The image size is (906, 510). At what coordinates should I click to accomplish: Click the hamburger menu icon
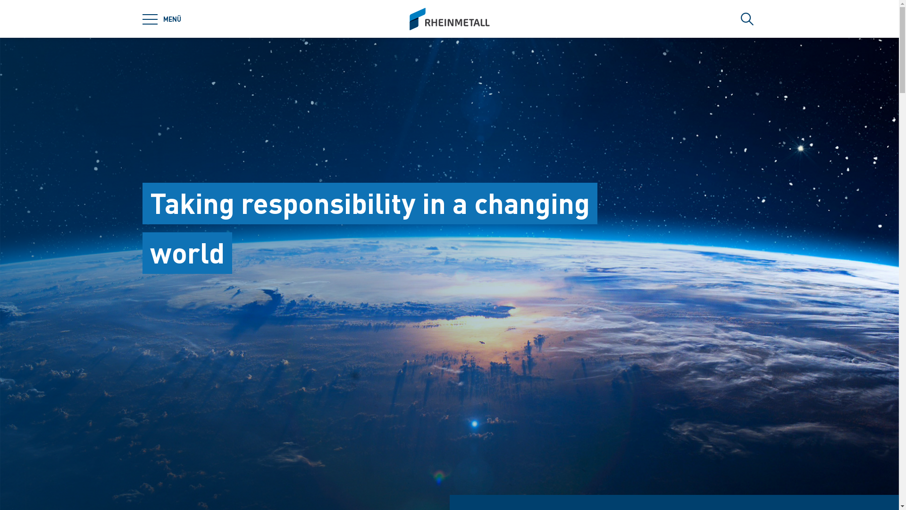point(150,19)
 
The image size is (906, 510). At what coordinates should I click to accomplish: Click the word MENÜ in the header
point(172,19)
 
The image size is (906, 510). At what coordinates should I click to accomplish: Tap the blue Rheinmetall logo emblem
point(417,19)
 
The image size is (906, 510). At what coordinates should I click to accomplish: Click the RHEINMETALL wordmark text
point(457,23)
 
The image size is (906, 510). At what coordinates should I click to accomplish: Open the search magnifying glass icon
point(747,19)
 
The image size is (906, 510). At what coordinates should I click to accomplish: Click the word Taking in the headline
point(192,204)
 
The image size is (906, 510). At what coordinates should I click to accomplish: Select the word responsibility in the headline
point(328,204)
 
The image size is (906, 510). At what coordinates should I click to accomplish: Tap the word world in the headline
point(187,254)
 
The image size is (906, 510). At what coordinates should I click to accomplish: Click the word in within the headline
point(434,204)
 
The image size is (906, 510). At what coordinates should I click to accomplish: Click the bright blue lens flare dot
point(474,424)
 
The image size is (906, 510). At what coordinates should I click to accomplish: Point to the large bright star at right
point(801,148)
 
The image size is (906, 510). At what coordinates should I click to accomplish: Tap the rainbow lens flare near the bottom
point(439,477)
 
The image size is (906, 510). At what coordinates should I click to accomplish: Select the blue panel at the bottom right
point(674,502)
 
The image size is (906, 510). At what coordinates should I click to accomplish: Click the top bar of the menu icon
point(150,14)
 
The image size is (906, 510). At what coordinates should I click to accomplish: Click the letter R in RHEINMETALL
point(428,23)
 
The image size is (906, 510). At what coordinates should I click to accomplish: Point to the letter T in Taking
point(159,204)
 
